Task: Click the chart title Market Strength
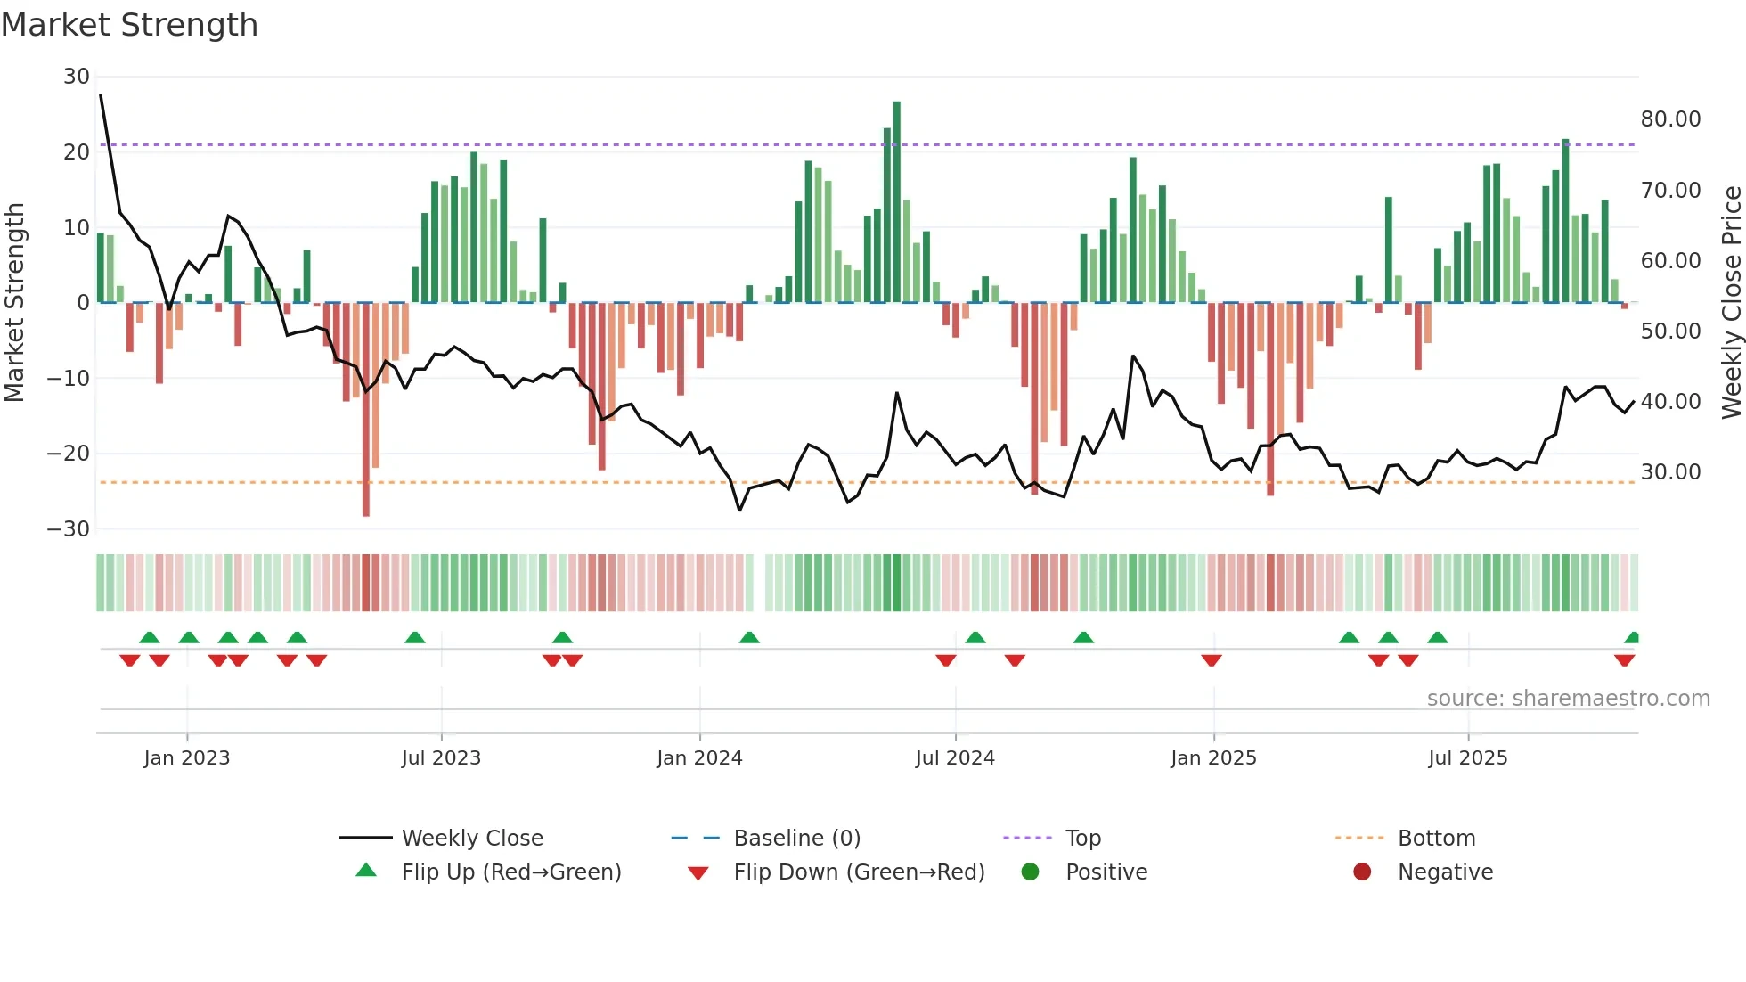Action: click(x=129, y=25)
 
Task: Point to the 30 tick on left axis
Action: click(x=77, y=77)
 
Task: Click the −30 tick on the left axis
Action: click(x=69, y=529)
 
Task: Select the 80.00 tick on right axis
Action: click(x=1670, y=119)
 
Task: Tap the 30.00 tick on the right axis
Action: click(x=1670, y=472)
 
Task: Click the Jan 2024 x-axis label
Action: click(x=699, y=758)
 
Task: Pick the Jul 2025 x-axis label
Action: click(x=1467, y=758)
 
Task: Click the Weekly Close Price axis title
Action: click(x=1731, y=303)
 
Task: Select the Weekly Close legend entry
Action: click(x=471, y=839)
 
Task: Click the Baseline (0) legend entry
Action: click(x=796, y=839)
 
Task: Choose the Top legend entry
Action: click(x=1082, y=839)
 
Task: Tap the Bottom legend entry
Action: click(x=1436, y=839)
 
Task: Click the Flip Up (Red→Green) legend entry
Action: click(x=510, y=872)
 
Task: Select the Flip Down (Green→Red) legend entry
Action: click(x=859, y=872)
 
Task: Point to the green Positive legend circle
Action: click(x=1031, y=872)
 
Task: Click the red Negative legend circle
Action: click(x=1362, y=872)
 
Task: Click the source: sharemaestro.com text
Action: click(x=1568, y=699)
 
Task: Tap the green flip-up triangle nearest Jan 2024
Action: click(x=749, y=638)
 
